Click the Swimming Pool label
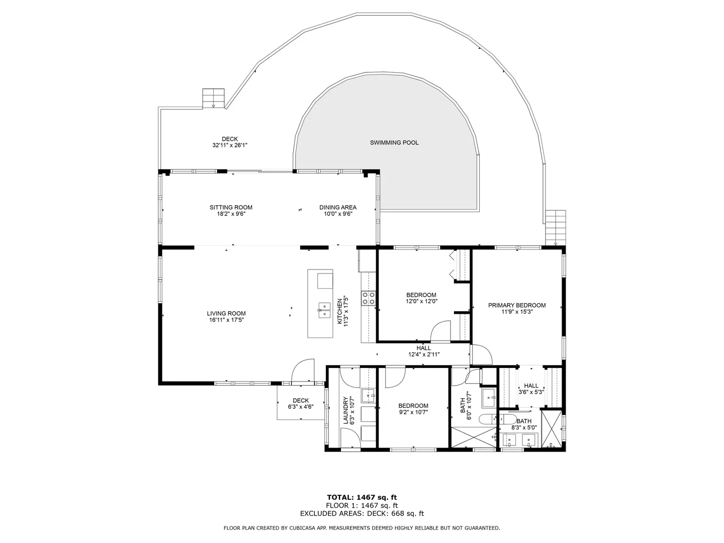pyautogui.click(x=394, y=143)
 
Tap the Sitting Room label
pyautogui.click(x=231, y=207)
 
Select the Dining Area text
pyautogui.click(x=338, y=207)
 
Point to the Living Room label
pyautogui.click(x=226, y=314)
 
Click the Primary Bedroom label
pyautogui.click(x=517, y=306)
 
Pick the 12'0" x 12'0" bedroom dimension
pyautogui.click(x=421, y=301)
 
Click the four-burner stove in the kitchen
pyautogui.click(x=369, y=298)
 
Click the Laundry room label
pyautogui.click(x=345, y=410)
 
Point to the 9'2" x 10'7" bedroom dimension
pyautogui.click(x=413, y=412)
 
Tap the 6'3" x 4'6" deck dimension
pyautogui.click(x=301, y=407)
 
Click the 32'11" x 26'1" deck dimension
pyautogui.click(x=230, y=145)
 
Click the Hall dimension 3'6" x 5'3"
pyautogui.click(x=531, y=392)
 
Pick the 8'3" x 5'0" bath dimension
pyautogui.click(x=524, y=427)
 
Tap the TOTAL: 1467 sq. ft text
pyautogui.click(x=362, y=498)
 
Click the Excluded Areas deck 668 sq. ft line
pyautogui.click(x=362, y=513)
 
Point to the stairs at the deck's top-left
pyautogui.click(x=213, y=98)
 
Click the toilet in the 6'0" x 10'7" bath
pyautogui.click(x=488, y=419)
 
